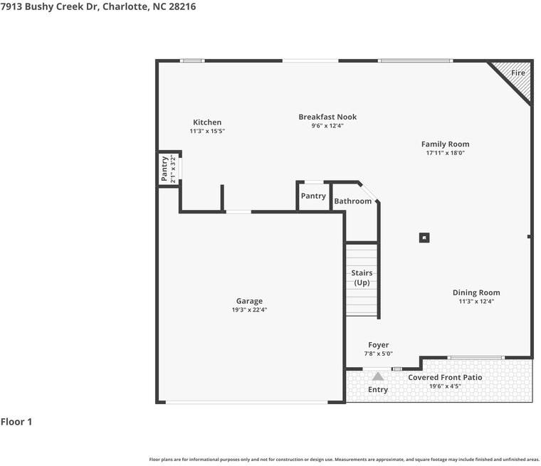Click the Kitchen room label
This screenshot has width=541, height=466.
click(207, 122)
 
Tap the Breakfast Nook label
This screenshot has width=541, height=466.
click(327, 117)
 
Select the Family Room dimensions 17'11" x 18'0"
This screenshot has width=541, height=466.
click(446, 153)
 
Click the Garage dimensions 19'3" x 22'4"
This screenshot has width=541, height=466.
click(249, 309)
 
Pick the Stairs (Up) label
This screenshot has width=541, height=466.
click(362, 277)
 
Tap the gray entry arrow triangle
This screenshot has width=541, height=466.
click(378, 376)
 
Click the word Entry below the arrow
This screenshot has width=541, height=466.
click(378, 389)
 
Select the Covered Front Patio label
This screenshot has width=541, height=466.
click(445, 377)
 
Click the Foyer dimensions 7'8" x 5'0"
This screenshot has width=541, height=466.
click(379, 354)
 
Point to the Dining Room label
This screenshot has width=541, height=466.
click(476, 292)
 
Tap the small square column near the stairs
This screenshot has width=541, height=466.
click(424, 238)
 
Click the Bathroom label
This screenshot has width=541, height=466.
click(352, 201)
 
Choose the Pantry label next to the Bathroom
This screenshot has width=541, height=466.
click(313, 196)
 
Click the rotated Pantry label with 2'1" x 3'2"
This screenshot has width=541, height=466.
click(169, 169)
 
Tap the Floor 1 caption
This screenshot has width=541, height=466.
click(16, 421)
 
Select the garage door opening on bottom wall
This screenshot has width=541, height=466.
click(247, 402)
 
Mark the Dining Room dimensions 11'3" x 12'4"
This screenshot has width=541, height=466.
click(476, 301)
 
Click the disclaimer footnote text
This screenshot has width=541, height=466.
click(345, 460)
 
